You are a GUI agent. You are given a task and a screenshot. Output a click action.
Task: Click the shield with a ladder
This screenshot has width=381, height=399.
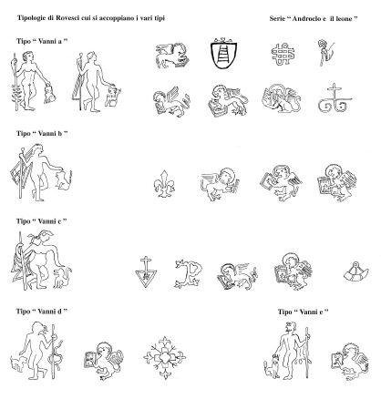click(x=223, y=54)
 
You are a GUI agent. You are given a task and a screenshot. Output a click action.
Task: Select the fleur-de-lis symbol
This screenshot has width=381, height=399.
click(x=164, y=184)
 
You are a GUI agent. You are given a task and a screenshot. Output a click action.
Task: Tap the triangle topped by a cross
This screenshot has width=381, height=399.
click(x=146, y=271)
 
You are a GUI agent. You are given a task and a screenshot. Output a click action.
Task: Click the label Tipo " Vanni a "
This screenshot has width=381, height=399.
click(x=42, y=41)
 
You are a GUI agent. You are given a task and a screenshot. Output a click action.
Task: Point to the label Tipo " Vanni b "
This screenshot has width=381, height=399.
click(x=42, y=133)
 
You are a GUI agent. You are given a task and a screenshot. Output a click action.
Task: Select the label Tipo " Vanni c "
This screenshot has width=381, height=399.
click(x=42, y=221)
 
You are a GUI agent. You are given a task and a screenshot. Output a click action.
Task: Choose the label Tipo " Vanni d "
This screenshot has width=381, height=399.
click(x=42, y=312)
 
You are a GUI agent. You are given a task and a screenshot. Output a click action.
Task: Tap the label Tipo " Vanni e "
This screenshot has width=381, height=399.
click(x=304, y=312)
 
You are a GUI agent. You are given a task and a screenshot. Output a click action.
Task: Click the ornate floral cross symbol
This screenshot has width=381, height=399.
click(x=164, y=357)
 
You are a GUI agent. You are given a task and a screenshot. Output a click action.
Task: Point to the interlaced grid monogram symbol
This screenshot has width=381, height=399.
click(x=283, y=54)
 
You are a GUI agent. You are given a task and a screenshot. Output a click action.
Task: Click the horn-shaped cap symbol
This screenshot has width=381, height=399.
click(x=356, y=271)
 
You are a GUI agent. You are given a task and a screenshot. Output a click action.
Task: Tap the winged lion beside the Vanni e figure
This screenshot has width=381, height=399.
click(x=350, y=361)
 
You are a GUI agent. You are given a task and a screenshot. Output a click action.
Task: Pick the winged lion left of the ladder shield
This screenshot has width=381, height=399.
click(x=172, y=56)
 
